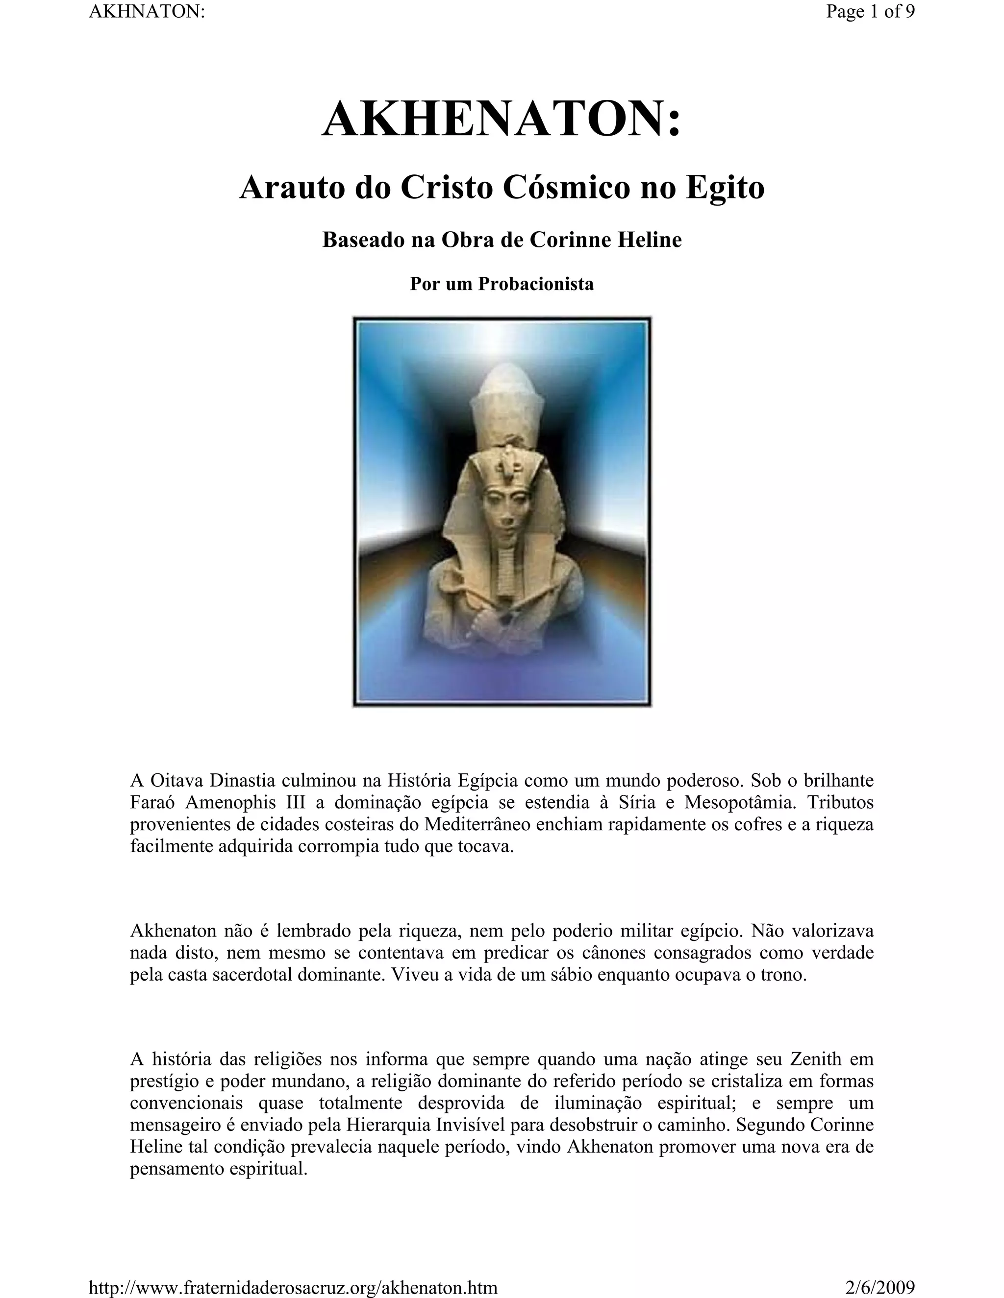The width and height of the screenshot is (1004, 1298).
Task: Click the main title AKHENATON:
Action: tap(502, 119)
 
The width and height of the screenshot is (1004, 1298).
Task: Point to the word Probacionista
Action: tap(536, 284)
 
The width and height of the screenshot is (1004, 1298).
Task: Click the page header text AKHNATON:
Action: tap(146, 12)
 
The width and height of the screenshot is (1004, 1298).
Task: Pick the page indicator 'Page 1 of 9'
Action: tap(870, 12)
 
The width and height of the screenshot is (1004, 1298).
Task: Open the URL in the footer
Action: tap(293, 1287)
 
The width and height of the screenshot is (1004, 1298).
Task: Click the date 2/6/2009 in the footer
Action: tap(879, 1287)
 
